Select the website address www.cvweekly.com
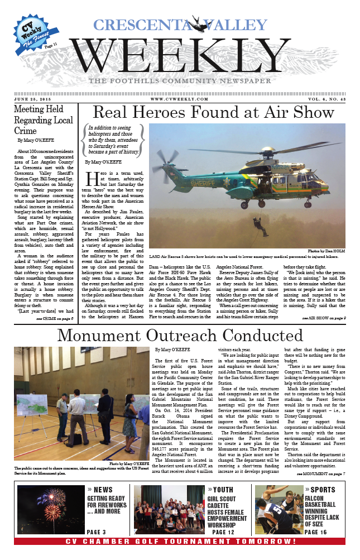(180, 99)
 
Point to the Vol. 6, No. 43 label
(323, 99)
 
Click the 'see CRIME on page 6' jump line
(54, 318)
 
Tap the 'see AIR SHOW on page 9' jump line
(323, 318)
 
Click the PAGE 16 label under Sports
(319, 532)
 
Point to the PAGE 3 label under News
(100, 532)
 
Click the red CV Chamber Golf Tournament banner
(180, 542)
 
